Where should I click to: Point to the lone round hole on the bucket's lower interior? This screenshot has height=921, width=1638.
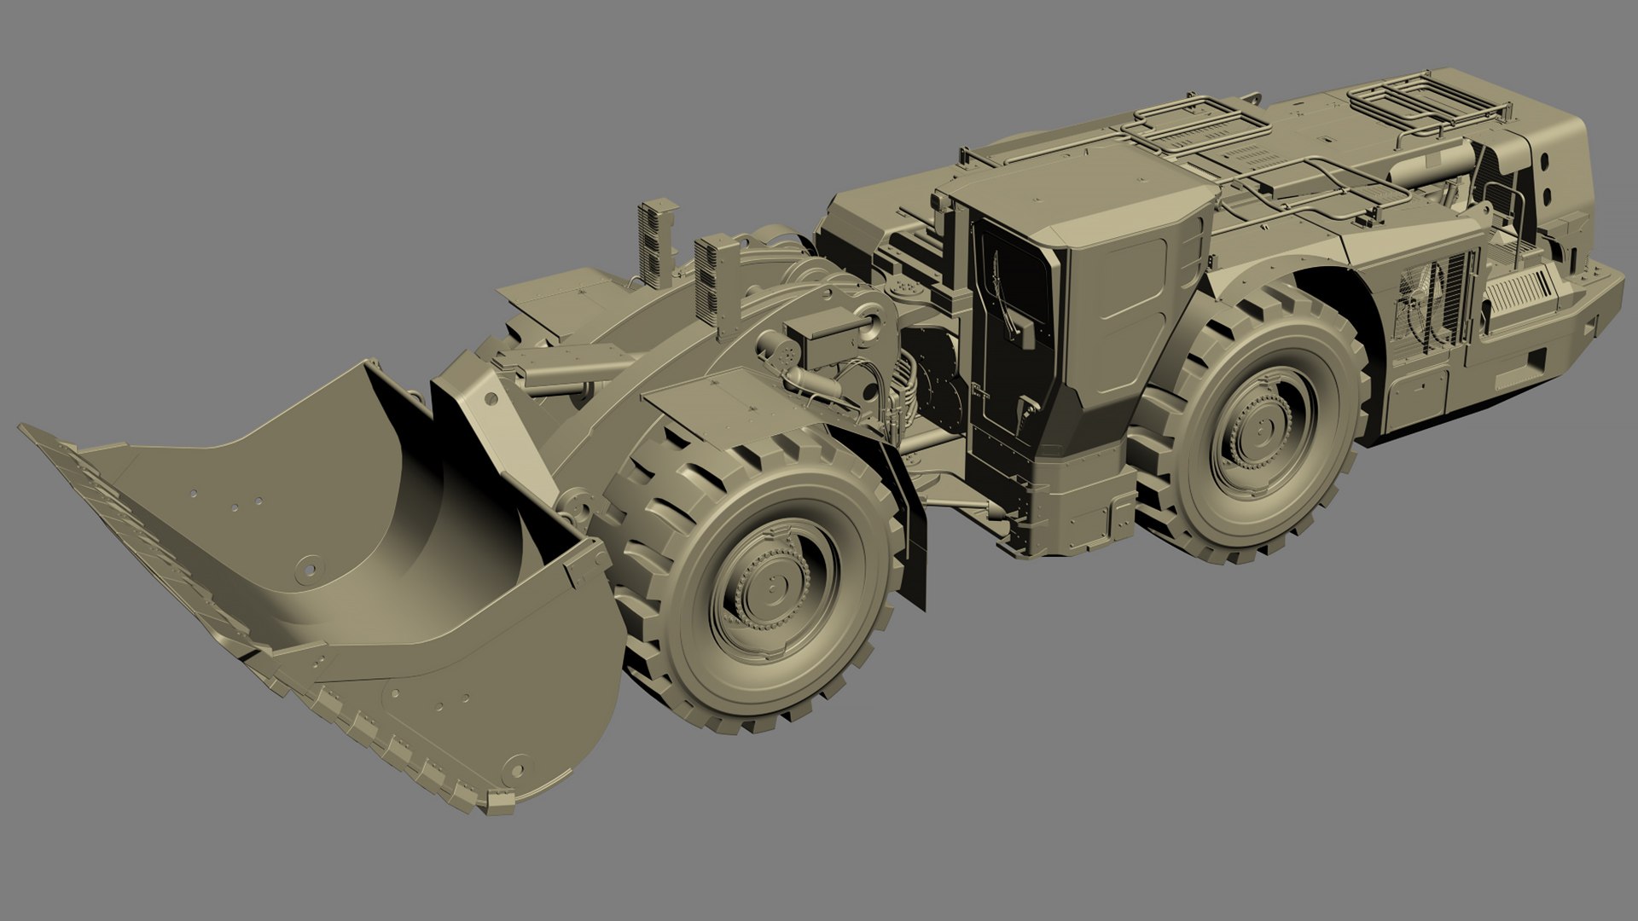tap(310, 567)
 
